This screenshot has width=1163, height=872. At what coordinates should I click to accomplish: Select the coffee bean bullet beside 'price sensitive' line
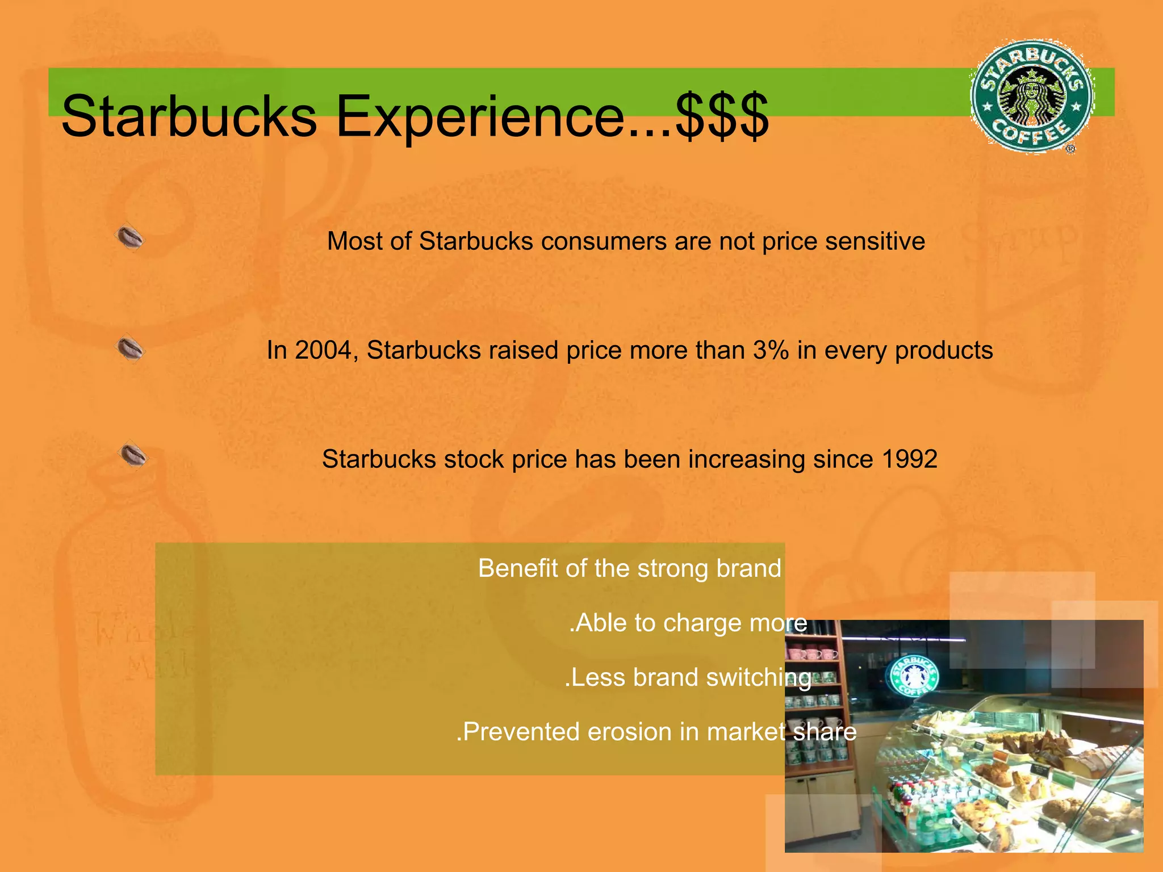click(130, 237)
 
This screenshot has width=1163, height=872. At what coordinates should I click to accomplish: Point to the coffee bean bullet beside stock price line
click(133, 455)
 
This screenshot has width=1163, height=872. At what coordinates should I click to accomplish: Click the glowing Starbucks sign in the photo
click(912, 676)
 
